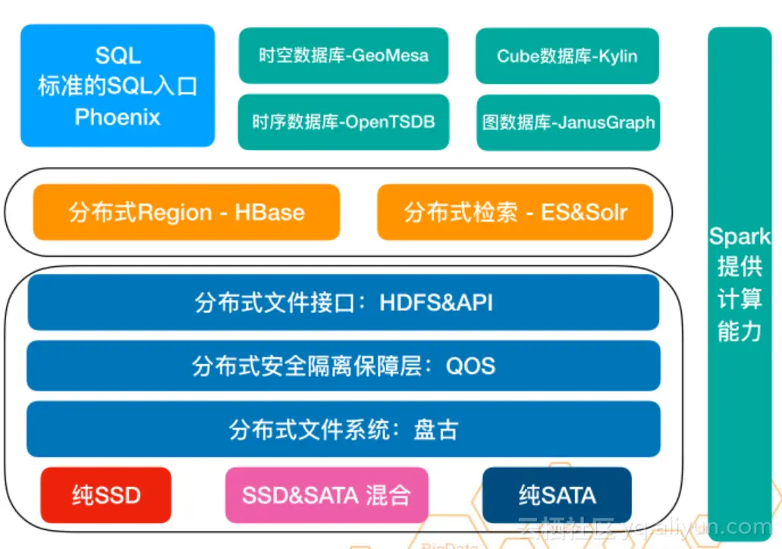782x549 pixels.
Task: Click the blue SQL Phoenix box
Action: point(118,86)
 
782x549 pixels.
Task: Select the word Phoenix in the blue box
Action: point(118,117)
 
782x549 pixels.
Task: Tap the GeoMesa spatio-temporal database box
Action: point(343,56)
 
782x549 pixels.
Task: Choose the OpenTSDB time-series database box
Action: point(343,121)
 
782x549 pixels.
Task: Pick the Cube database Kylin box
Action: point(567,56)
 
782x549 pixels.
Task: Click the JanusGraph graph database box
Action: point(567,122)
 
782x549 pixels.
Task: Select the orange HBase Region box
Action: point(186,212)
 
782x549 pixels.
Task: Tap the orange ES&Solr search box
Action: point(515,212)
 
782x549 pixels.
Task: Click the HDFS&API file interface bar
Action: point(343,303)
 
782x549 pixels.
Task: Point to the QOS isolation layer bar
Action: point(343,365)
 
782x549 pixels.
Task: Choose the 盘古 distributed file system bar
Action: point(343,429)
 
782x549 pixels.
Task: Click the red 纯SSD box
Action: point(106,495)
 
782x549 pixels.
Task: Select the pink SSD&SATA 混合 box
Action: point(326,495)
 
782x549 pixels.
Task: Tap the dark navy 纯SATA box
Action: point(557,495)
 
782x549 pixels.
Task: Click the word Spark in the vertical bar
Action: point(740,236)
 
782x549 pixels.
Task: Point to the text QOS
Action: point(470,365)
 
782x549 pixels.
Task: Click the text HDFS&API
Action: point(436,303)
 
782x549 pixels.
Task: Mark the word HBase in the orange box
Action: point(269,212)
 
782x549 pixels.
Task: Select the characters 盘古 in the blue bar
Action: point(435,429)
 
